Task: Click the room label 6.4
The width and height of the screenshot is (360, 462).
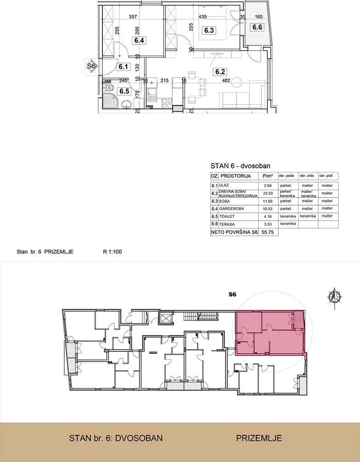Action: pyautogui.click(x=139, y=40)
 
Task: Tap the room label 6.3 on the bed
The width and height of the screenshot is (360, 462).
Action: pyautogui.click(x=209, y=30)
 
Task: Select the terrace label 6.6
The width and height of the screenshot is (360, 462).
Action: pyautogui.click(x=257, y=27)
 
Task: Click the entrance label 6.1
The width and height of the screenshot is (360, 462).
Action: pyautogui.click(x=123, y=67)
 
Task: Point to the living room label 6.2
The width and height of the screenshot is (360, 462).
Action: pyautogui.click(x=220, y=72)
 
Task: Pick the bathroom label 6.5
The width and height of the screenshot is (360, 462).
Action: pyautogui.click(x=124, y=91)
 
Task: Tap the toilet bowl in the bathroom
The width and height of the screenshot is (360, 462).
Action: pyautogui.click(x=109, y=87)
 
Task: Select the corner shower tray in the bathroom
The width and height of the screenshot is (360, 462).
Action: pyautogui.click(x=110, y=101)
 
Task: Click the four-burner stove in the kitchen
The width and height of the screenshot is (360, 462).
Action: pyautogui.click(x=167, y=102)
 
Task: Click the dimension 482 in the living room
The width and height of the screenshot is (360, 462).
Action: pyautogui.click(x=226, y=80)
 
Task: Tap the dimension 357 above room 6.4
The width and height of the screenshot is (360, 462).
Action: pyautogui.click(x=133, y=17)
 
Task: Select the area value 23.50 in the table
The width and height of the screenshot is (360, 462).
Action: pyautogui.click(x=268, y=193)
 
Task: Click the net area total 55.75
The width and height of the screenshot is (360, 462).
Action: pyautogui.click(x=268, y=232)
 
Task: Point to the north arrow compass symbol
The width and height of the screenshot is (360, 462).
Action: pyautogui.click(x=335, y=297)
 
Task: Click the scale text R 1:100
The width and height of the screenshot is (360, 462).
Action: pyautogui.click(x=112, y=251)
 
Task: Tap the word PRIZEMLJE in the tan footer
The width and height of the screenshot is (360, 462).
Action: pyautogui.click(x=259, y=438)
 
